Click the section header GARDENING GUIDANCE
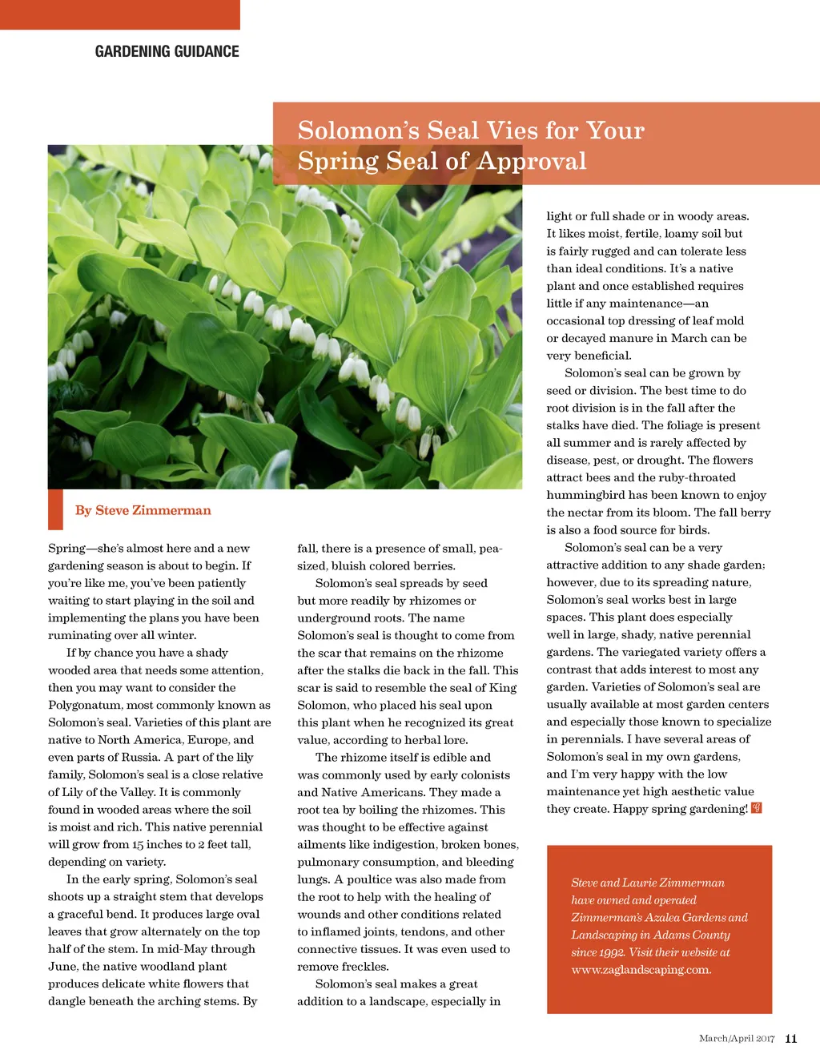(x=167, y=52)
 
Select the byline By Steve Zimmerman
(x=143, y=511)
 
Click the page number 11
(x=791, y=1039)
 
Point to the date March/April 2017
(x=736, y=1039)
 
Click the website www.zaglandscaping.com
(x=641, y=970)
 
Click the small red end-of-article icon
(x=757, y=808)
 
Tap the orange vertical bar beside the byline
(x=55, y=509)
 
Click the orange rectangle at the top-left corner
(x=120, y=14)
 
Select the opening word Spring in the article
(x=66, y=549)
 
